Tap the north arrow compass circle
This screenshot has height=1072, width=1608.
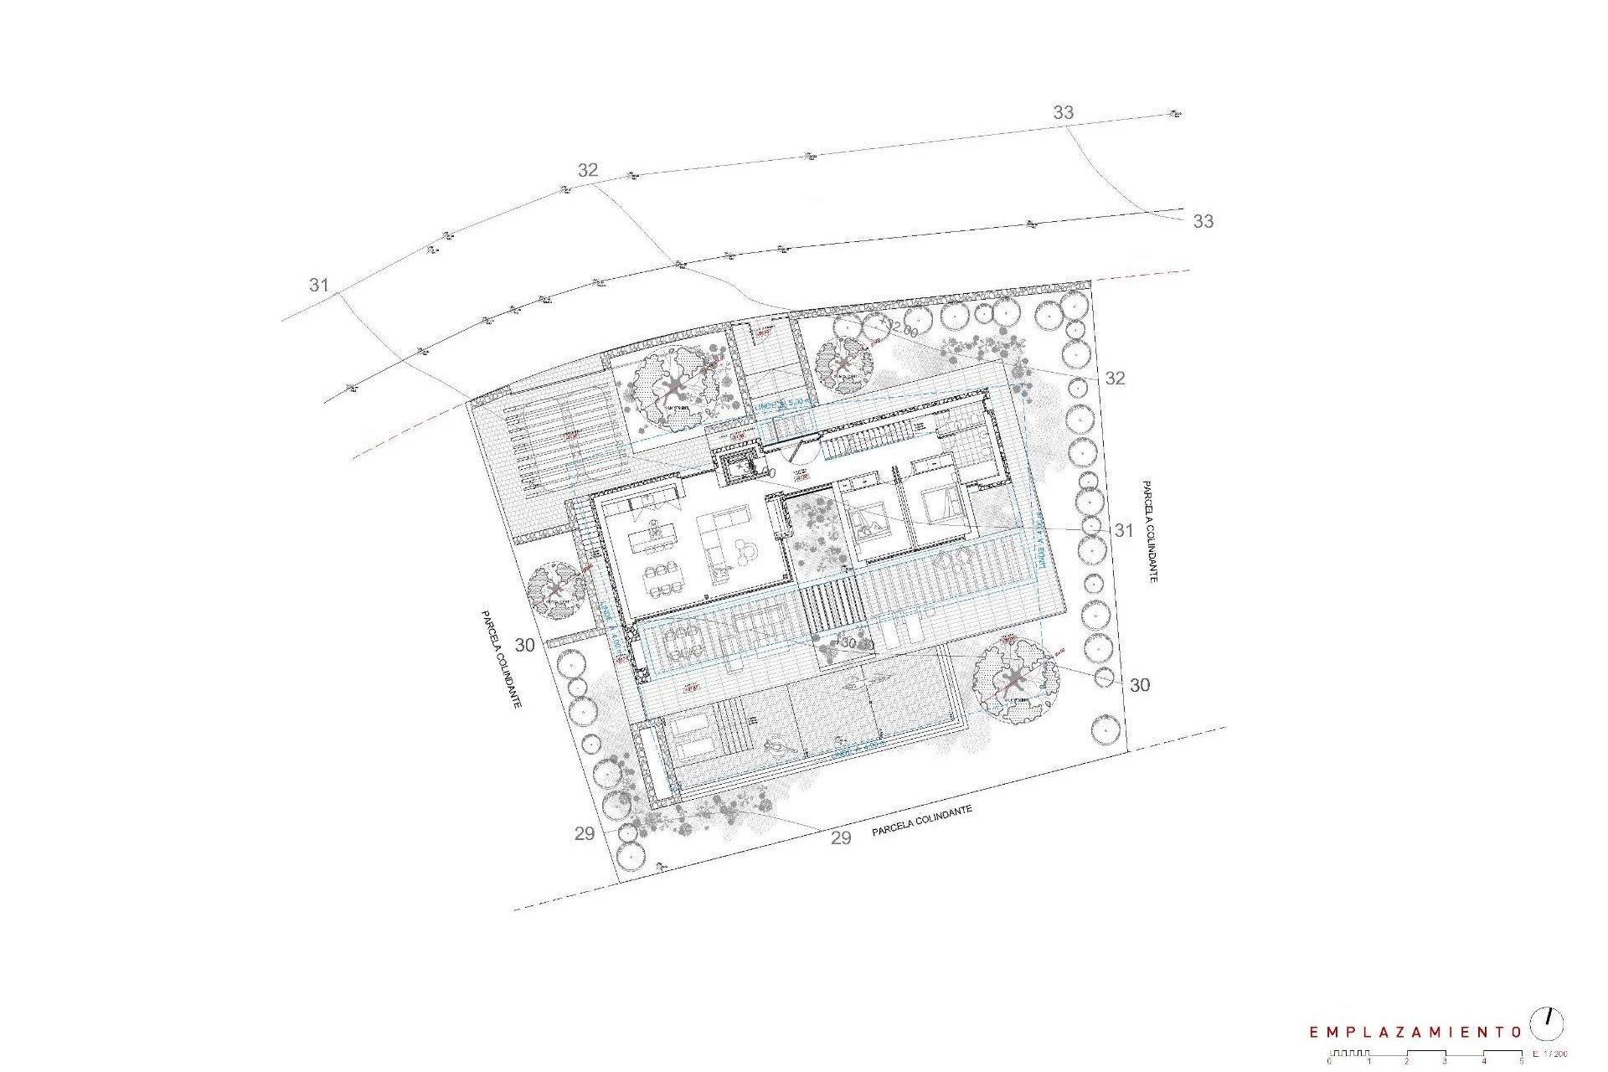(x=1547, y=1023)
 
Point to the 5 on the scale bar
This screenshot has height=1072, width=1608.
(x=1522, y=1062)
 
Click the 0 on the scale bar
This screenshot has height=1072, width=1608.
(x=1329, y=1062)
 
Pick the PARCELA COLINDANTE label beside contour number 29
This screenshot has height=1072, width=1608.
(x=921, y=819)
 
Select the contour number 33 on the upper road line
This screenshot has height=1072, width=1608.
(x=1063, y=112)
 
